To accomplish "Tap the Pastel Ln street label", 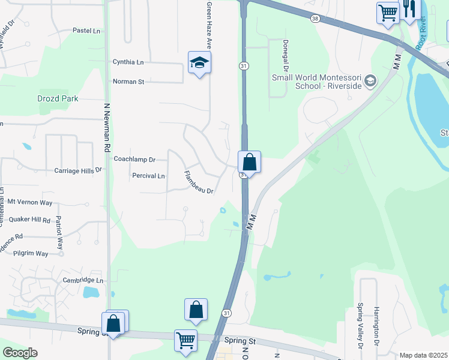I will tap(86, 30).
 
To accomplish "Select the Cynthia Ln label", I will tap(128, 62).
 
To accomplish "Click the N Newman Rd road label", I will tap(107, 126).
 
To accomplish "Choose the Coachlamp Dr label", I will tap(134, 160).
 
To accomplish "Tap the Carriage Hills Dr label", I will tap(79, 170).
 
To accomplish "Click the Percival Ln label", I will tap(148, 176).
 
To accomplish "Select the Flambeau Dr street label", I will tap(199, 182).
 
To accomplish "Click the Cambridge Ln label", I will tap(83, 280).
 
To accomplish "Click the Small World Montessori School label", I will tap(317, 82).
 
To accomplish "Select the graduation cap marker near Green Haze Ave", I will tap(199, 62).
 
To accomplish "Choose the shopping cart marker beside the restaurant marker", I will tap(388, 11).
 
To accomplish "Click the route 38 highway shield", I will tap(315, 19).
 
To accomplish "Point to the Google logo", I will tap(20, 353).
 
